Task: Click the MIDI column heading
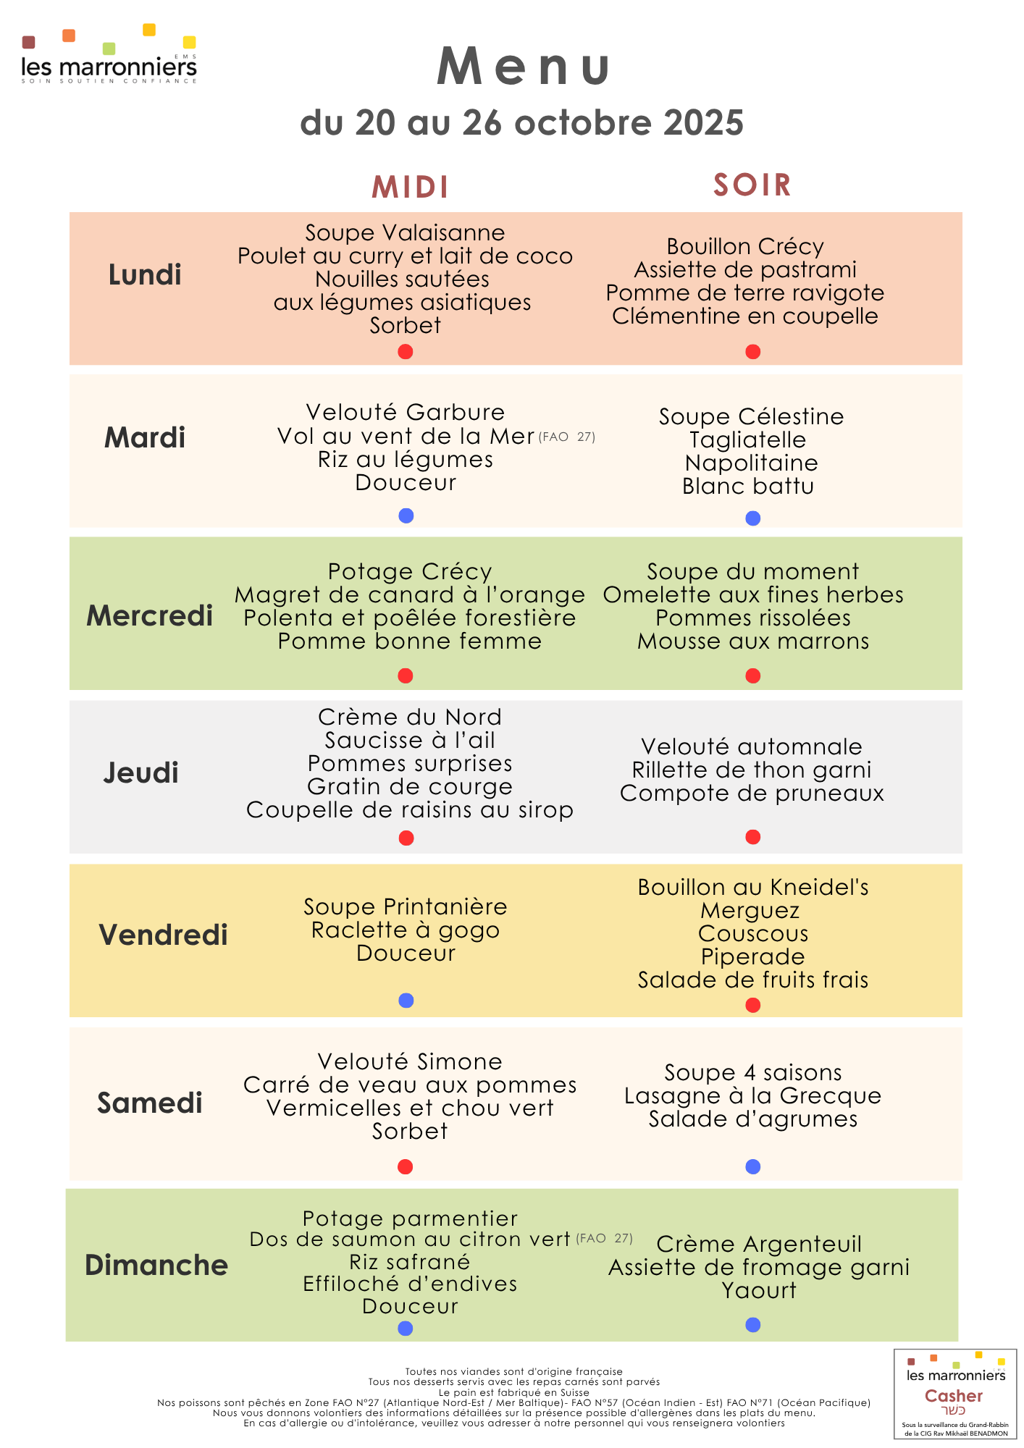tap(410, 188)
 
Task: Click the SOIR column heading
tap(752, 185)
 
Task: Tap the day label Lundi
tap(145, 275)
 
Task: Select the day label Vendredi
tap(163, 935)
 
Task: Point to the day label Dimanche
tap(156, 1265)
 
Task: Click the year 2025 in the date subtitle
tap(703, 123)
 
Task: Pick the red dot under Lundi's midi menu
tap(406, 352)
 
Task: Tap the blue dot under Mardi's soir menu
tap(753, 518)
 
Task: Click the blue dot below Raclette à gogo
tap(406, 1001)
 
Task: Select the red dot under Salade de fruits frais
tap(753, 1005)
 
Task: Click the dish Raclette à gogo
tap(406, 930)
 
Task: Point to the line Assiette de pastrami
tap(745, 270)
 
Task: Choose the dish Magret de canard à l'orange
tap(409, 595)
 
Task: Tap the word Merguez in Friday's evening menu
tap(750, 911)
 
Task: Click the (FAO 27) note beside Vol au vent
tap(567, 437)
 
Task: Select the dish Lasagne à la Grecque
tap(752, 1096)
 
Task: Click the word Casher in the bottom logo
tap(954, 1396)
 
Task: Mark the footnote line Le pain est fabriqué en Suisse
tap(513, 1392)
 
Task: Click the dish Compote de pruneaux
tap(752, 794)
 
